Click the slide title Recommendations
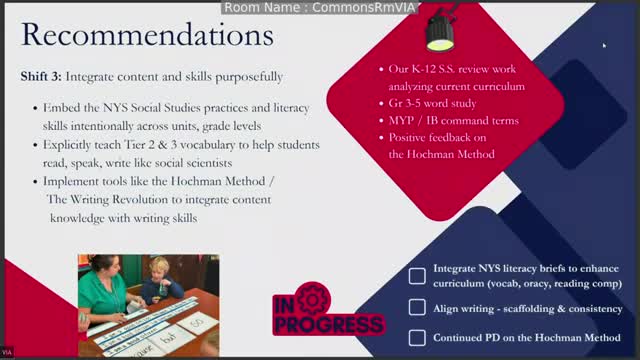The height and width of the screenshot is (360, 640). [x=147, y=36]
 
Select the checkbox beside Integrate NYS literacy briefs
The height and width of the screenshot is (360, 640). [x=417, y=276]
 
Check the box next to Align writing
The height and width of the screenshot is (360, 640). [x=417, y=308]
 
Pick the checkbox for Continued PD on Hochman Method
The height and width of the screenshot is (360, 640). [x=417, y=337]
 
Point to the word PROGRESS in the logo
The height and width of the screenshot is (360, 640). [x=327, y=325]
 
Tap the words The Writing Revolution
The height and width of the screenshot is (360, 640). [x=101, y=199]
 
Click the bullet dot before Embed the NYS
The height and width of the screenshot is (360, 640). [x=36, y=107]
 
